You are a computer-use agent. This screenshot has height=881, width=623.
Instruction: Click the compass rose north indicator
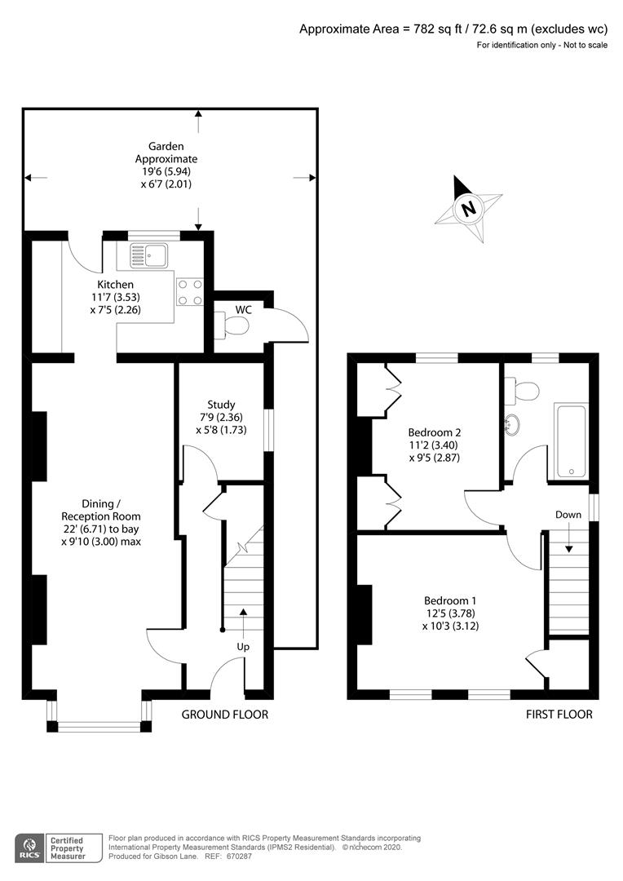click(468, 208)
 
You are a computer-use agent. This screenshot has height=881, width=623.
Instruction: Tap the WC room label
click(244, 310)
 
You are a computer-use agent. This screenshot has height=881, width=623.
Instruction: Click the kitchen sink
click(146, 255)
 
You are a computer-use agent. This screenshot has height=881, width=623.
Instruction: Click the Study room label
click(221, 404)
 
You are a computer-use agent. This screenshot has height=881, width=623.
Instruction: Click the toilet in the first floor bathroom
click(522, 392)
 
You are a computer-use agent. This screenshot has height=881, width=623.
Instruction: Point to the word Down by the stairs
click(568, 515)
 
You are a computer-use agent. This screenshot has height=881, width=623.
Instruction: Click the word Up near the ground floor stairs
click(243, 646)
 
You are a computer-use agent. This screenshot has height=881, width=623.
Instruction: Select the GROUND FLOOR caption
click(224, 715)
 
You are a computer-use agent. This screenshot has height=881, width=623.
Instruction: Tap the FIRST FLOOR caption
click(559, 715)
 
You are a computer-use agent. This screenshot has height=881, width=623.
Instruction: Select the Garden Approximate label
click(166, 153)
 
